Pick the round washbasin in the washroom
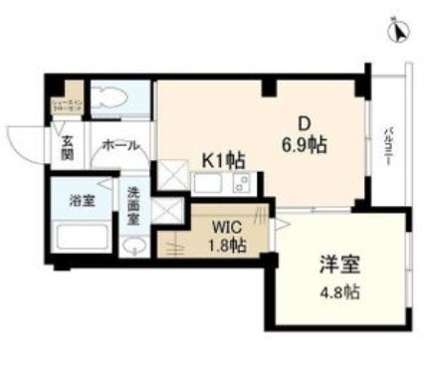(x=132, y=246)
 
